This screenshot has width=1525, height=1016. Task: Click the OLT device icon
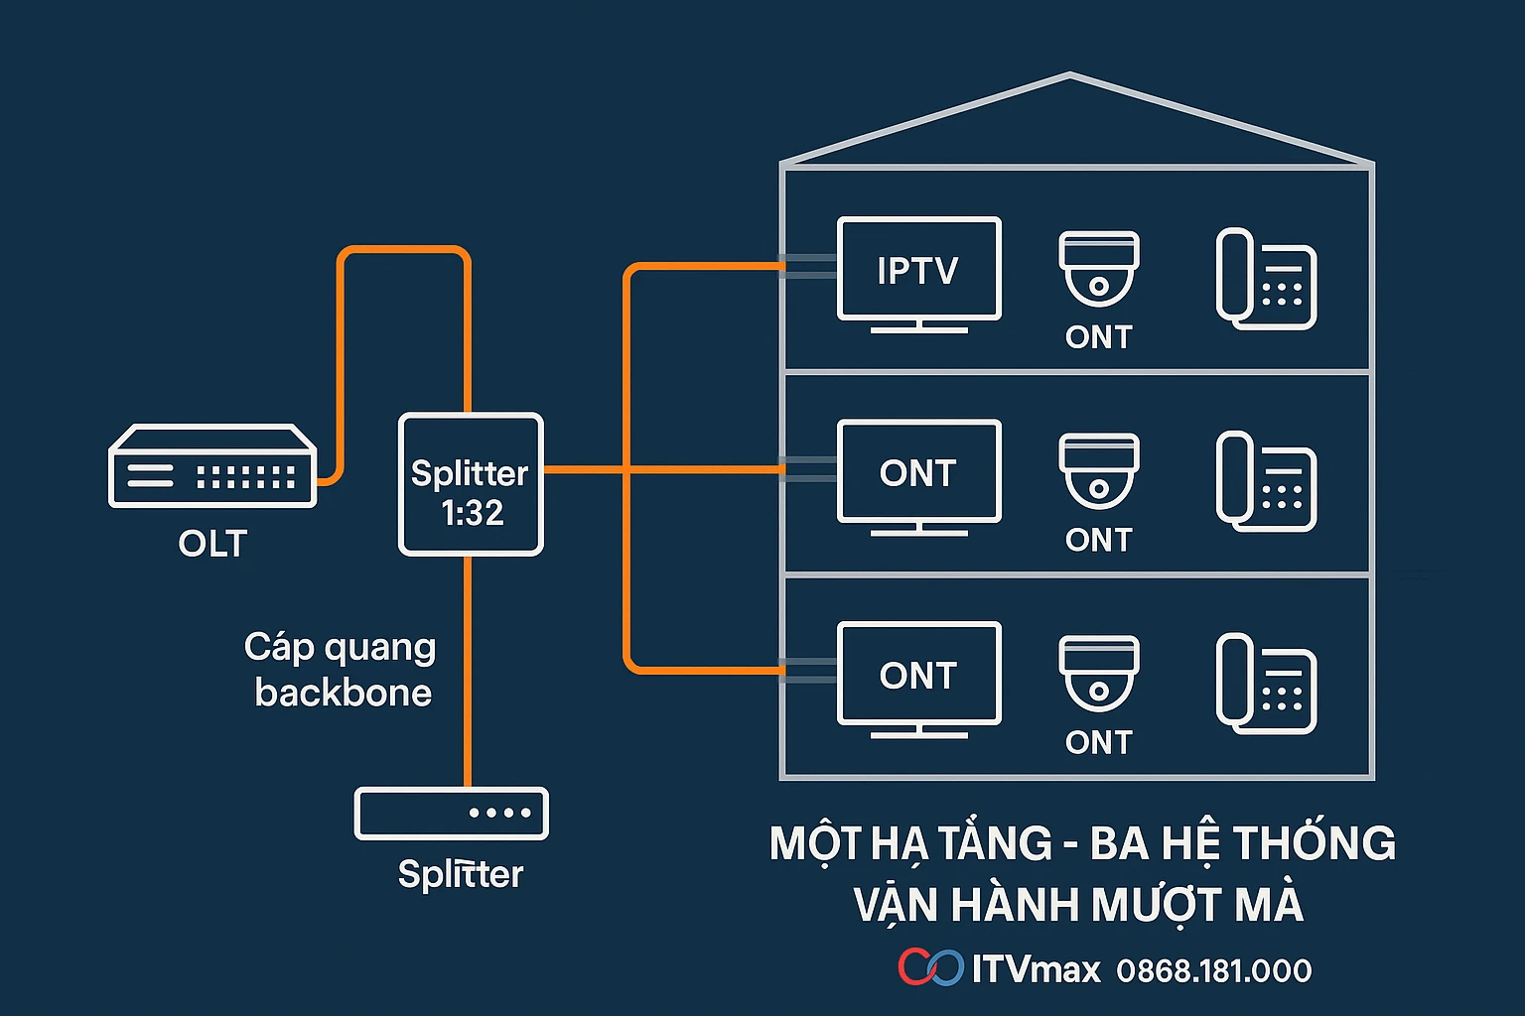coord(212,466)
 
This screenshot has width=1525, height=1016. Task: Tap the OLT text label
coord(212,544)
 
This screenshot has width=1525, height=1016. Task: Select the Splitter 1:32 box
coord(471,484)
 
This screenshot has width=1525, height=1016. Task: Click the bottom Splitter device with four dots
coord(452,814)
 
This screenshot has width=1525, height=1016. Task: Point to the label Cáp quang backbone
coord(341,670)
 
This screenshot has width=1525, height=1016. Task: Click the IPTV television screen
coord(918,270)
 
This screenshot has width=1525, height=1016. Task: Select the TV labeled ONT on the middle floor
coord(918,472)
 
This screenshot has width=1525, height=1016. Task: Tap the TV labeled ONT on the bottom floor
coord(918,675)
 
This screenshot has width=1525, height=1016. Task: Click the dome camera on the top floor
coord(1098,268)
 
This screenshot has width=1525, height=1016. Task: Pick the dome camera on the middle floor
coord(1098,470)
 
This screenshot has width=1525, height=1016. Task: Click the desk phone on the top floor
coord(1266,279)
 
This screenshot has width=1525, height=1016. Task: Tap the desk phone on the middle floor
coord(1266,481)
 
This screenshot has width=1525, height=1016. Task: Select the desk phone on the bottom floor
coord(1266,684)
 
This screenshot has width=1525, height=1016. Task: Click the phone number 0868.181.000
coord(1213,970)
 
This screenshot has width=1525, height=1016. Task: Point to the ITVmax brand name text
coord(1036,969)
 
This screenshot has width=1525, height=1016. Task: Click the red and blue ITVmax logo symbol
coord(930,967)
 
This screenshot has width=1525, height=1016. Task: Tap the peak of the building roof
coord(1069,75)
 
